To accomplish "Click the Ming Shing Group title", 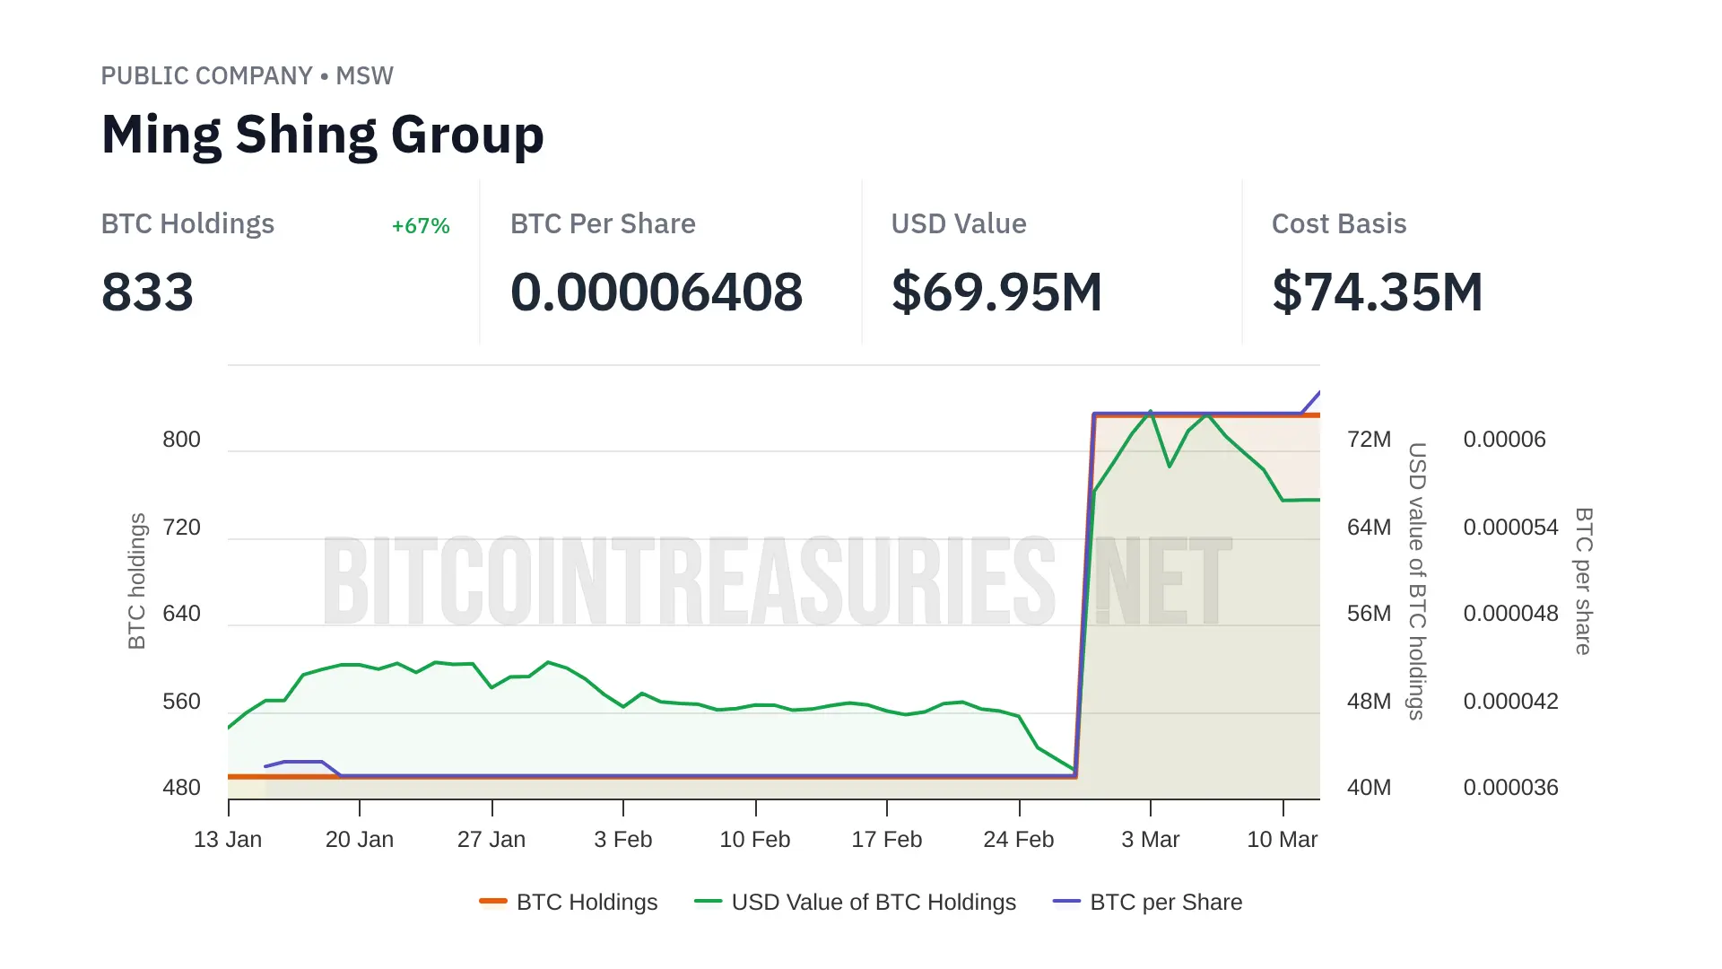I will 323,135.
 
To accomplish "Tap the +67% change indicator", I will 421,226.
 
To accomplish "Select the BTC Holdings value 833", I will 147,292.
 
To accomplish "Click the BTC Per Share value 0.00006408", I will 657,292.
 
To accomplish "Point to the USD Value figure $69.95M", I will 996,292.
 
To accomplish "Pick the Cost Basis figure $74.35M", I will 1378,292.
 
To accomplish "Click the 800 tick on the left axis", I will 181,440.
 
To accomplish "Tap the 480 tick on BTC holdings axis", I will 181,788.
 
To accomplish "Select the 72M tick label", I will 1369,440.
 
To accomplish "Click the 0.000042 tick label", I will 1510,702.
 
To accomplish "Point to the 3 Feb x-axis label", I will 623,840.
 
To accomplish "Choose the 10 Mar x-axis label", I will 1282,840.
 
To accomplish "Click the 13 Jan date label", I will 228,840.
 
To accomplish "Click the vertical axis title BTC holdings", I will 137,581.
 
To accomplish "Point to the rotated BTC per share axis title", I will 1584,581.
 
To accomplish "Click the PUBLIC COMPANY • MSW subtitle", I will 247,76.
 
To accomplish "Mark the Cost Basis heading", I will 1339,224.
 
